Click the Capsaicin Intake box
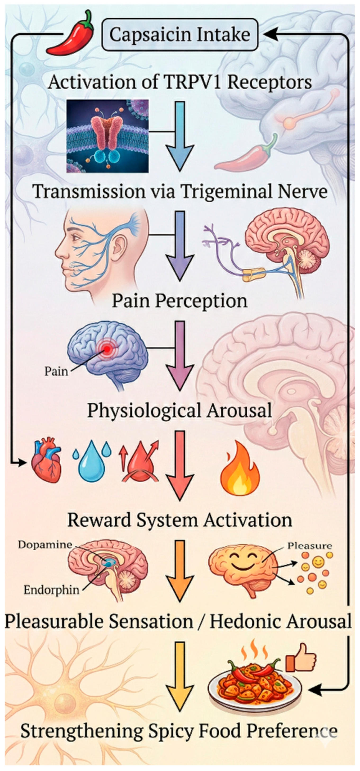(180, 34)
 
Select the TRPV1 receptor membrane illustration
(108, 136)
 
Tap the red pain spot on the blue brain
(106, 348)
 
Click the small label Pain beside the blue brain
(56, 371)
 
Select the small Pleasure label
(309, 546)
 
